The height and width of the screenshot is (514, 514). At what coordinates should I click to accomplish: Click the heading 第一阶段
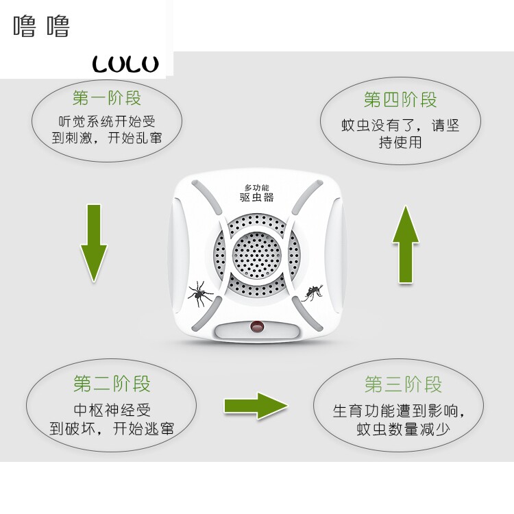point(106,97)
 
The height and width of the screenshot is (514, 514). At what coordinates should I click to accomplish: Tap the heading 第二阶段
point(112,383)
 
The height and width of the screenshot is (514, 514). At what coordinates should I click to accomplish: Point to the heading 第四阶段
point(400,100)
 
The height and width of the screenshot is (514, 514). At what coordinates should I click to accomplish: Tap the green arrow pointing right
point(255,406)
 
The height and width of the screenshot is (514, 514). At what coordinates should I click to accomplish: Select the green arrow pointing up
point(406,244)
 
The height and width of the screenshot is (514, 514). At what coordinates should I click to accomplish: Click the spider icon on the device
point(200,293)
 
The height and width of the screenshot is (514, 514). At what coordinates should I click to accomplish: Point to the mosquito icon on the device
point(313,293)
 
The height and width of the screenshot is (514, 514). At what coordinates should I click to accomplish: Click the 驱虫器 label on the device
point(257,197)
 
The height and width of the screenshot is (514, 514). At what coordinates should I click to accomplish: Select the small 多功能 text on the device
point(257,187)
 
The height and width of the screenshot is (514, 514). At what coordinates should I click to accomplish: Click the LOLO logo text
point(125,64)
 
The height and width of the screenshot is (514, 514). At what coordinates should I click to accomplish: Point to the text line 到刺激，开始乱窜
point(107,139)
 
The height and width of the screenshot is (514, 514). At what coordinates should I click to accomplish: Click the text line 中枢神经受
point(112,411)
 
